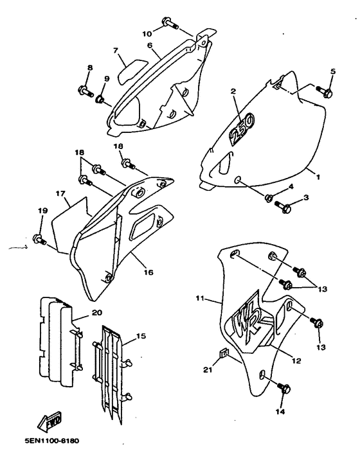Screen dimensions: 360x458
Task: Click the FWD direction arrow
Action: pyautogui.click(x=50, y=422)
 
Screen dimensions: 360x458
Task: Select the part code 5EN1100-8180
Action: pyautogui.click(x=52, y=441)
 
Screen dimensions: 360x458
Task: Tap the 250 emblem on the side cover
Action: pyautogui.click(x=242, y=128)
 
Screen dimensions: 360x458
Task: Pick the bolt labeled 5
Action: pyautogui.click(x=325, y=92)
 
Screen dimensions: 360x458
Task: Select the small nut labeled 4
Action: pyautogui.click(x=269, y=198)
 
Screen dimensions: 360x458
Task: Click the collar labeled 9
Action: pyautogui.click(x=100, y=99)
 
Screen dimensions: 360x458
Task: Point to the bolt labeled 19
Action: pyautogui.click(x=39, y=239)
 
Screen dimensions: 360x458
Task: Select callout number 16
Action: pyautogui.click(x=148, y=272)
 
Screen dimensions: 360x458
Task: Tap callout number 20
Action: pyautogui.click(x=97, y=313)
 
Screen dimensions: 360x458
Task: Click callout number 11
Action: pyautogui.click(x=200, y=298)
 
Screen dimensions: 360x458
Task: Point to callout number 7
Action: pyautogui.click(x=116, y=51)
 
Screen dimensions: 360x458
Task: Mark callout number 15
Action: pyautogui.click(x=141, y=336)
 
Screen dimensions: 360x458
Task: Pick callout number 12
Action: pyautogui.click(x=296, y=361)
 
